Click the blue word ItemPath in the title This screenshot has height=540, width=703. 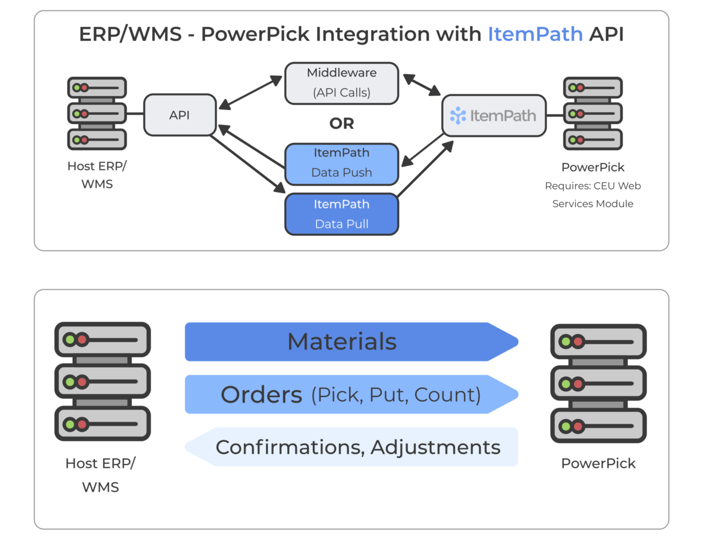tap(535, 34)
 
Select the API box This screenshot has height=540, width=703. tap(180, 115)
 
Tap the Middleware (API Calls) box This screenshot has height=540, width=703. tap(341, 83)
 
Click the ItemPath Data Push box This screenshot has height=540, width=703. tap(341, 164)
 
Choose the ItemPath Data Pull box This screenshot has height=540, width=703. tap(341, 214)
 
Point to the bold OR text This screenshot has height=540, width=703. tap(341, 123)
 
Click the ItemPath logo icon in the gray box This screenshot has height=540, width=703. tap(458, 115)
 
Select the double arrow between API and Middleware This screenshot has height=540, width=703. tap(250, 92)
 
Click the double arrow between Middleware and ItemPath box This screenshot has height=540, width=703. tap(422, 85)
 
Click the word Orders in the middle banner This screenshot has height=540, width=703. tap(261, 395)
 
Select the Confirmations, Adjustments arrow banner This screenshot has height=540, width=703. tap(358, 447)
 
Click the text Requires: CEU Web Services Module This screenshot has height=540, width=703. tap(593, 195)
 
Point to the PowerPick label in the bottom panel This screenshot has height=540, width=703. tap(598, 463)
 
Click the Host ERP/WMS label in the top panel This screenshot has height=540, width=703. tap(97, 175)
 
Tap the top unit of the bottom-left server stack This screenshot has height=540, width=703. tap(102, 340)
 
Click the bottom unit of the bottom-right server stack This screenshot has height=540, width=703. tap(598, 426)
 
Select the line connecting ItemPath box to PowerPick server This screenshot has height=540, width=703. tap(554, 115)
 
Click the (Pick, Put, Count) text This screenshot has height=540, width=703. tap(396, 395)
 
